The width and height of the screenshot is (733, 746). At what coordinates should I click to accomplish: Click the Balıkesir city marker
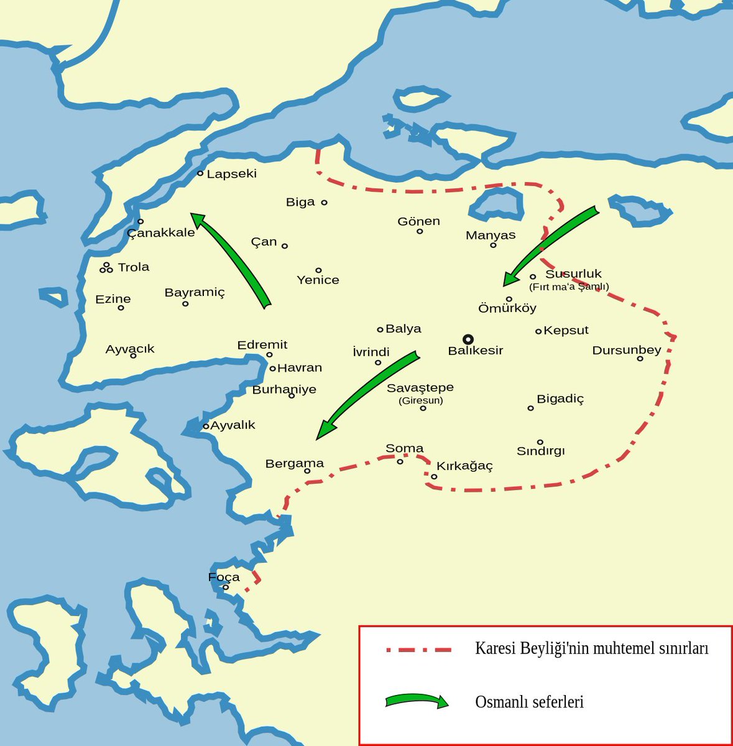(x=468, y=339)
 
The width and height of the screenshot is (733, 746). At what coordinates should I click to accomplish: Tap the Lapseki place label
(x=231, y=174)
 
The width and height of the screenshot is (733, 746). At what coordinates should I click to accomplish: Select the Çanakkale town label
(x=160, y=233)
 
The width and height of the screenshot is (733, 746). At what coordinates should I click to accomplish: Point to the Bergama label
(x=294, y=463)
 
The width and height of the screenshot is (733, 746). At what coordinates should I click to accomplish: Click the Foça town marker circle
(x=226, y=587)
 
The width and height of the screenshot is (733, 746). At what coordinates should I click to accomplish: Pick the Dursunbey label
(x=626, y=350)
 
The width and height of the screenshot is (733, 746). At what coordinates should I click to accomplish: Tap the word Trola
(x=134, y=267)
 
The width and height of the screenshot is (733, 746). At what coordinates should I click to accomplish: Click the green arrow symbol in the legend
(x=416, y=701)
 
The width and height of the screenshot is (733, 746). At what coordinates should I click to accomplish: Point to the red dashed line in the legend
(x=418, y=650)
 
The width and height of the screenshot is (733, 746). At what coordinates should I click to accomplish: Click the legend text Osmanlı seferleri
(x=529, y=702)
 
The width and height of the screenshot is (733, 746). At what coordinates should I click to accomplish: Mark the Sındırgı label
(x=540, y=451)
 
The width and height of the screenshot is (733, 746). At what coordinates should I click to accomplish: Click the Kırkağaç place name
(x=464, y=466)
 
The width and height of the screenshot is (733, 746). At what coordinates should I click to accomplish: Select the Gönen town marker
(x=420, y=231)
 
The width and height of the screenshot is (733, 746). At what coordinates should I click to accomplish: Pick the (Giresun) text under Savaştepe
(x=421, y=400)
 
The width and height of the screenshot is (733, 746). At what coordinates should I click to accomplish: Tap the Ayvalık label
(x=233, y=426)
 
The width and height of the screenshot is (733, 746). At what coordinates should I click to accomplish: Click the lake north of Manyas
(x=496, y=204)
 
